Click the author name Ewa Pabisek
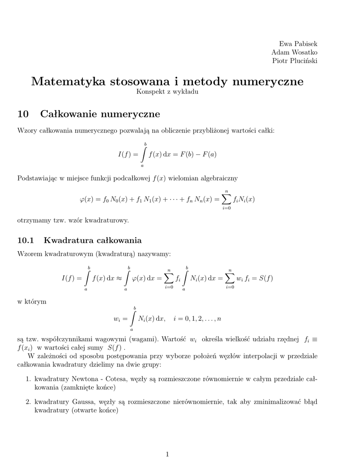(x=298, y=44)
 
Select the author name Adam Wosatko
(x=294, y=52)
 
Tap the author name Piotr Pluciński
(x=295, y=61)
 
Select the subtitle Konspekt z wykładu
(x=167, y=92)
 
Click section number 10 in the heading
(x=23, y=113)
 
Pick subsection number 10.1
(x=26, y=240)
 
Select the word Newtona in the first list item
(x=86, y=379)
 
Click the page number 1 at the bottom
(x=167, y=454)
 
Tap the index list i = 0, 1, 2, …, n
(x=197, y=319)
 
